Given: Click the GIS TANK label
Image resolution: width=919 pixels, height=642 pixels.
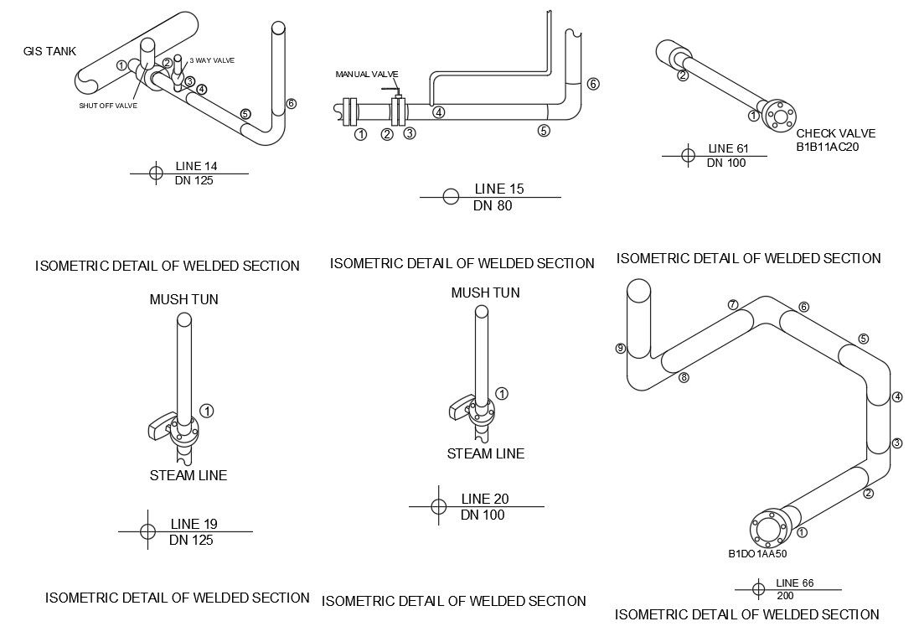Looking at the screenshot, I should tap(49, 51).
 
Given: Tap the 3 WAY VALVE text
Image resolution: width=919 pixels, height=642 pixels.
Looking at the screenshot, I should tap(212, 60).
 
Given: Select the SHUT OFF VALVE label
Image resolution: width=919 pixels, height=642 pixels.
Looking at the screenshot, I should tap(108, 106).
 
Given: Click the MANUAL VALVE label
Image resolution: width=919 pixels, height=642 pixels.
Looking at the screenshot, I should tap(367, 75).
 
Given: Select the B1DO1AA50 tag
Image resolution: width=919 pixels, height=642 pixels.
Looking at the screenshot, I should tap(756, 553).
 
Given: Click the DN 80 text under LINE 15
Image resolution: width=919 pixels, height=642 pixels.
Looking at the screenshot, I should tap(493, 205).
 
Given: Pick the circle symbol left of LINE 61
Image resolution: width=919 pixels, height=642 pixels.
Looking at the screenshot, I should tap(688, 155).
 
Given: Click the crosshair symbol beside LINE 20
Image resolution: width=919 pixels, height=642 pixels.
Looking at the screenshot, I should tap(437, 506).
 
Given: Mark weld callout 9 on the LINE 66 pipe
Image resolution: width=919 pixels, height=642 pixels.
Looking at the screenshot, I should tap(621, 349).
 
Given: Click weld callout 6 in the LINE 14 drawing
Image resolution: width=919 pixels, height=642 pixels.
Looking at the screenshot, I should tap(291, 104).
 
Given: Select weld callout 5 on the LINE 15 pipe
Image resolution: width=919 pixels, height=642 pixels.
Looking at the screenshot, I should tap(544, 130).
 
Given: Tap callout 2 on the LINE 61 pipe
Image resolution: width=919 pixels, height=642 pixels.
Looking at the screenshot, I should tap(683, 76).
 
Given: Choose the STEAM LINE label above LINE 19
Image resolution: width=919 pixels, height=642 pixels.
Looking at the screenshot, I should tap(188, 475).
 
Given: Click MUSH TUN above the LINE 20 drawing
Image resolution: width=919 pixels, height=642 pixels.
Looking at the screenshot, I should tap(485, 293).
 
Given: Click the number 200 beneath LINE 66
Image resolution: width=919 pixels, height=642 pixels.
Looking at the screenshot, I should tap(785, 595).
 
